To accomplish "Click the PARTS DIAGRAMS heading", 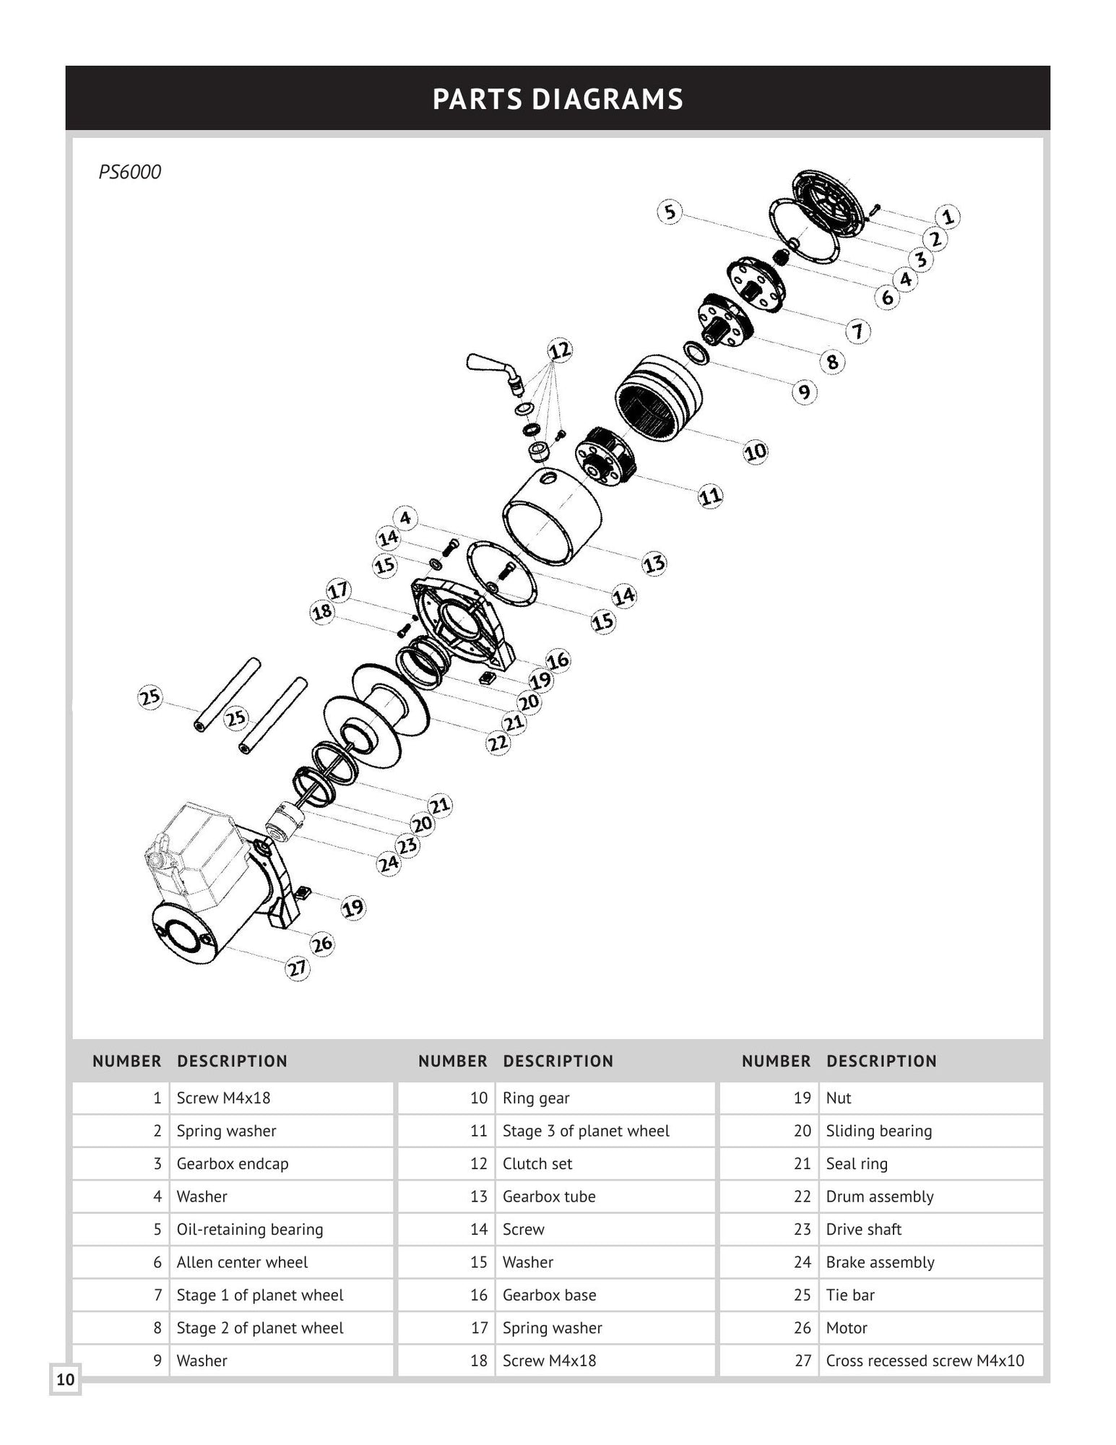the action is (x=558, y=99).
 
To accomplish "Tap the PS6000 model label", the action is (x=130, y=172).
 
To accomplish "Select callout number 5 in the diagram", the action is (x=670, y=212).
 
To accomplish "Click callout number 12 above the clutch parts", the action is (x=560, y=351).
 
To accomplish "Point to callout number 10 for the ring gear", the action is (x=755, y=452).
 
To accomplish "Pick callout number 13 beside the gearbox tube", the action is (x=654, y=564).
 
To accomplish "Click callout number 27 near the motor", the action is (x=297, y=968).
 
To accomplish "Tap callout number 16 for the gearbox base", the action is (x=557, y=660).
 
